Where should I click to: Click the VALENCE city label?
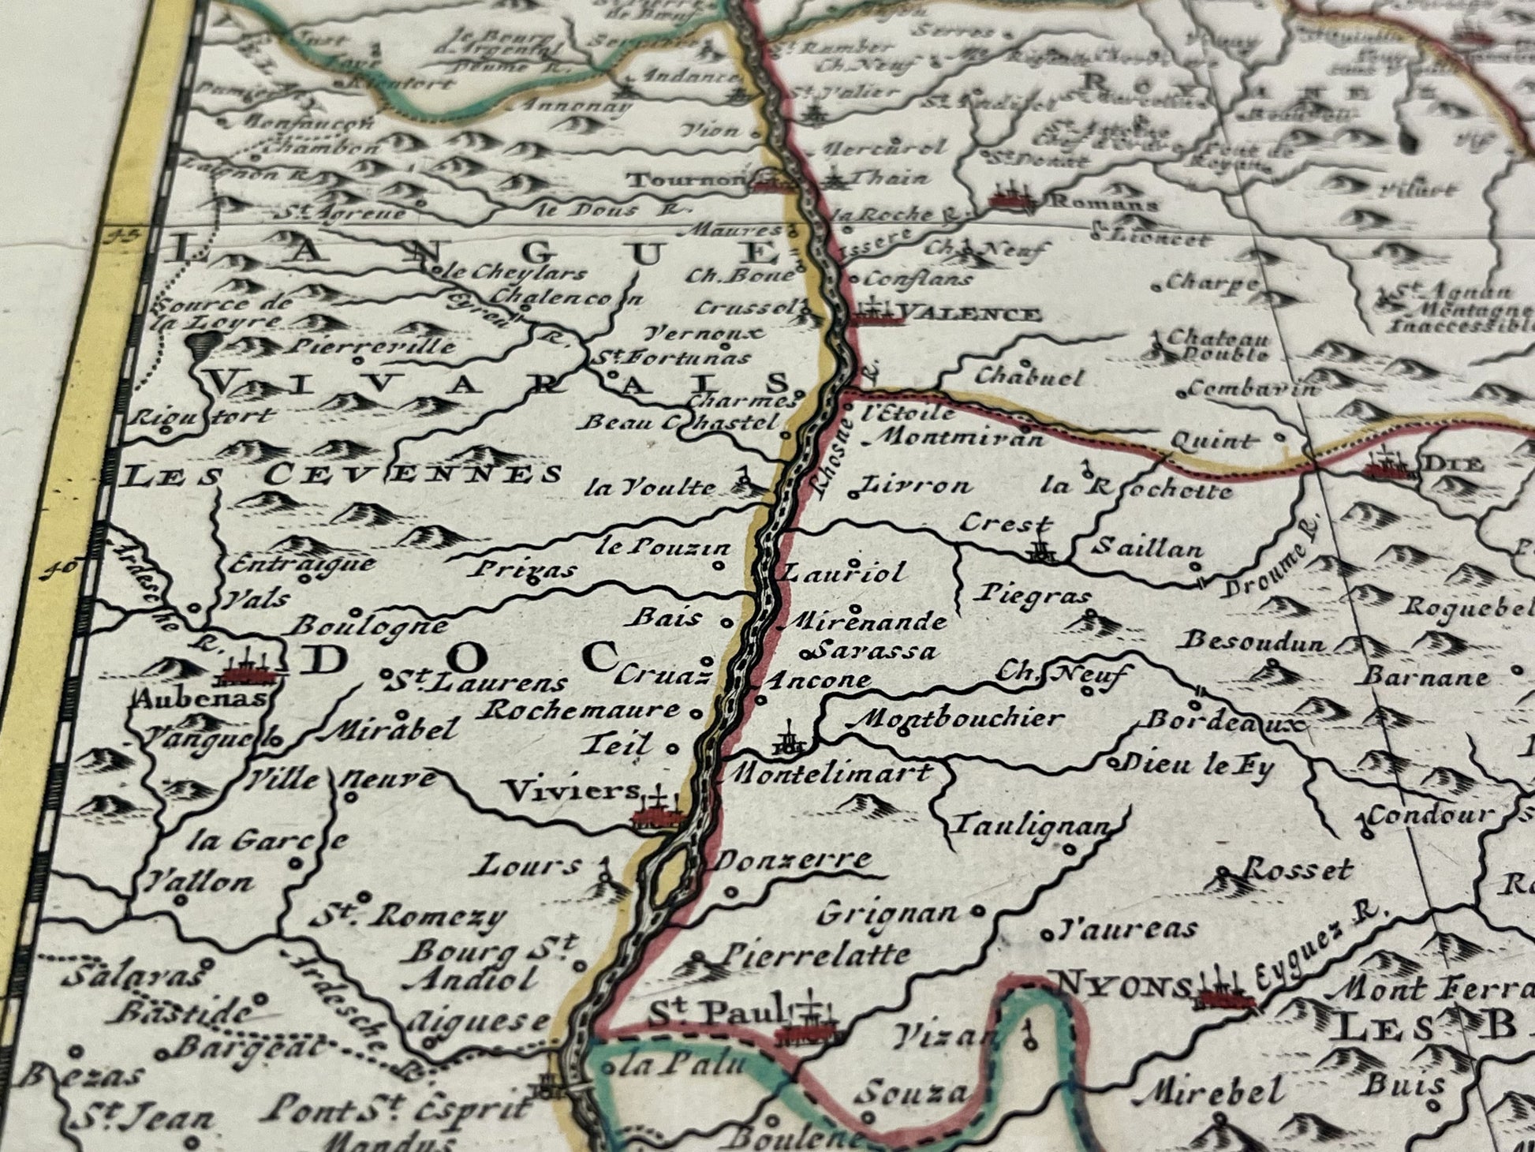click(969, 315)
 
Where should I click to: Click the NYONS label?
click(1122, 986)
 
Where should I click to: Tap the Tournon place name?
click(685, 181)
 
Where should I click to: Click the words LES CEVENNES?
click(344, 474)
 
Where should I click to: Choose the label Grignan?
click(887, 914)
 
